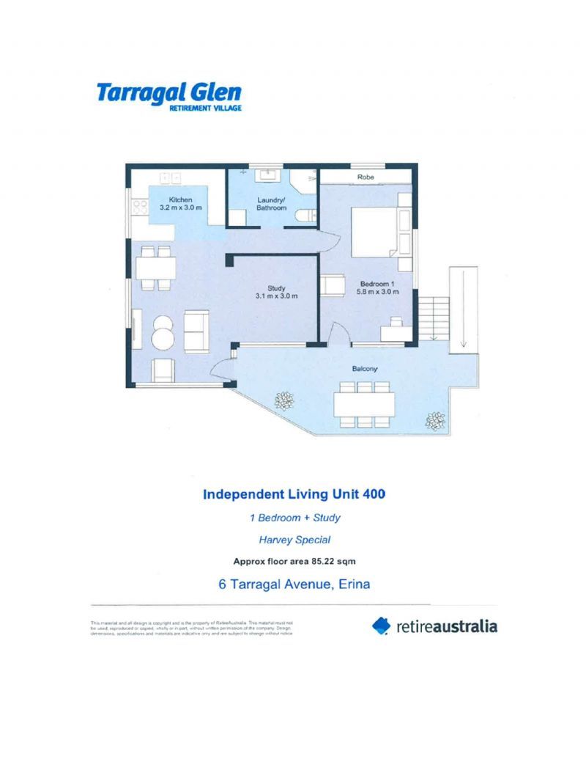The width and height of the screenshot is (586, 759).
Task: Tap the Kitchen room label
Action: [x=181, y=199]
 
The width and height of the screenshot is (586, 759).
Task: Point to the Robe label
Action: [x=366, y=177]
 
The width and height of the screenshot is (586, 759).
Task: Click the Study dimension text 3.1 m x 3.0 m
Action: [x=276, y=296]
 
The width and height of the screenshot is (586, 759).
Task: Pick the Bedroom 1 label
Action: [x=377, y=283]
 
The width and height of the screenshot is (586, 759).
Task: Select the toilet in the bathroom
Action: [x=309, y=214]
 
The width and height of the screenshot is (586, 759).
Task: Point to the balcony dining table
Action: [x=364, y=403]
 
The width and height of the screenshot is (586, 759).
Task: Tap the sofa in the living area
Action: [x=196, y=331]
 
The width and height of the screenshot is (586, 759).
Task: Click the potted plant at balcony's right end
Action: [x=436, y=420]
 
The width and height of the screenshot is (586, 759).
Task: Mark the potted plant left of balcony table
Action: [x=283, y=400]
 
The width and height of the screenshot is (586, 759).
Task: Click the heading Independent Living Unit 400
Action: [x=294, y=494]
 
